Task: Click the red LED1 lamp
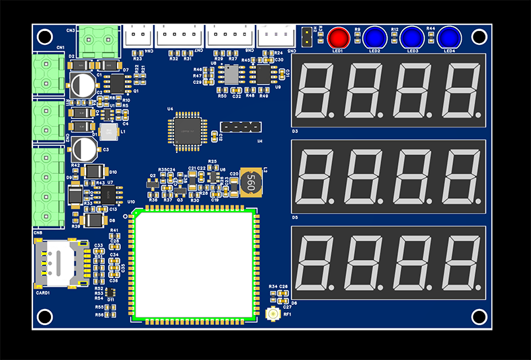[x=337, y=37]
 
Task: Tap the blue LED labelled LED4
[x=448, y=37]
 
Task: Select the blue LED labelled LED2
[x=374, y=37]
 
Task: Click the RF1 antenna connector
[x=273, y=314]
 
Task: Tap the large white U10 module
[x=196, y=264]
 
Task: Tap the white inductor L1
[x=108, y=132]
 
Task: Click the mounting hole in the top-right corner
[x=479, y=36]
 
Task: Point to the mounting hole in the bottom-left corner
[x=45, y=316]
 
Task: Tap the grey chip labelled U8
[x=231, y=75]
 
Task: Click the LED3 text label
[x=412, y=51]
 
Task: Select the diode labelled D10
[x=93, y=172]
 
